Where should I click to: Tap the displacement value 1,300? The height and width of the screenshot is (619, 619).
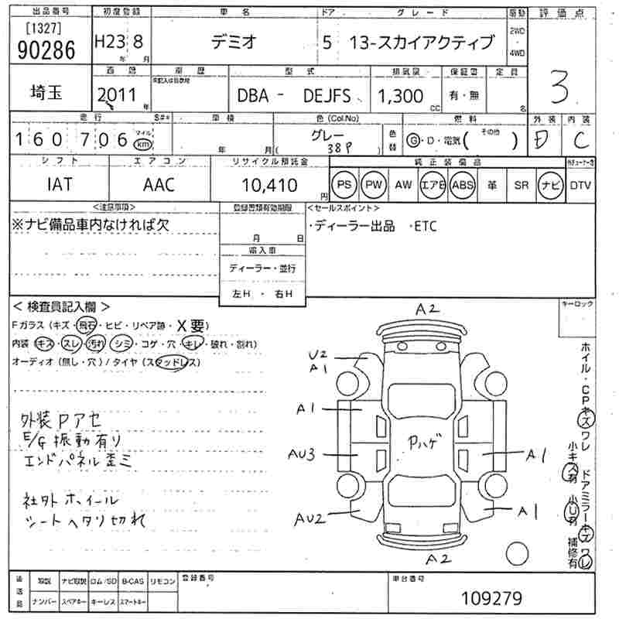400,96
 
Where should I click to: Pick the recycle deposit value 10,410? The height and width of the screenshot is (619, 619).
268,186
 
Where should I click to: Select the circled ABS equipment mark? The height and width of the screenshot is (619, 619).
462,185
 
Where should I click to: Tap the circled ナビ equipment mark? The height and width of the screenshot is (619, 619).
550,185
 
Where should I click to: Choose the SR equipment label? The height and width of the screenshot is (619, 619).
522,186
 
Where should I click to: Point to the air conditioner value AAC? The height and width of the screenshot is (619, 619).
159,186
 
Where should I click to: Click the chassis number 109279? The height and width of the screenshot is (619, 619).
491,597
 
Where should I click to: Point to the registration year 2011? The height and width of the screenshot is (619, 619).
113,95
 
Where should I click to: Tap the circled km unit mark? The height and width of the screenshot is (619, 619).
142,145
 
